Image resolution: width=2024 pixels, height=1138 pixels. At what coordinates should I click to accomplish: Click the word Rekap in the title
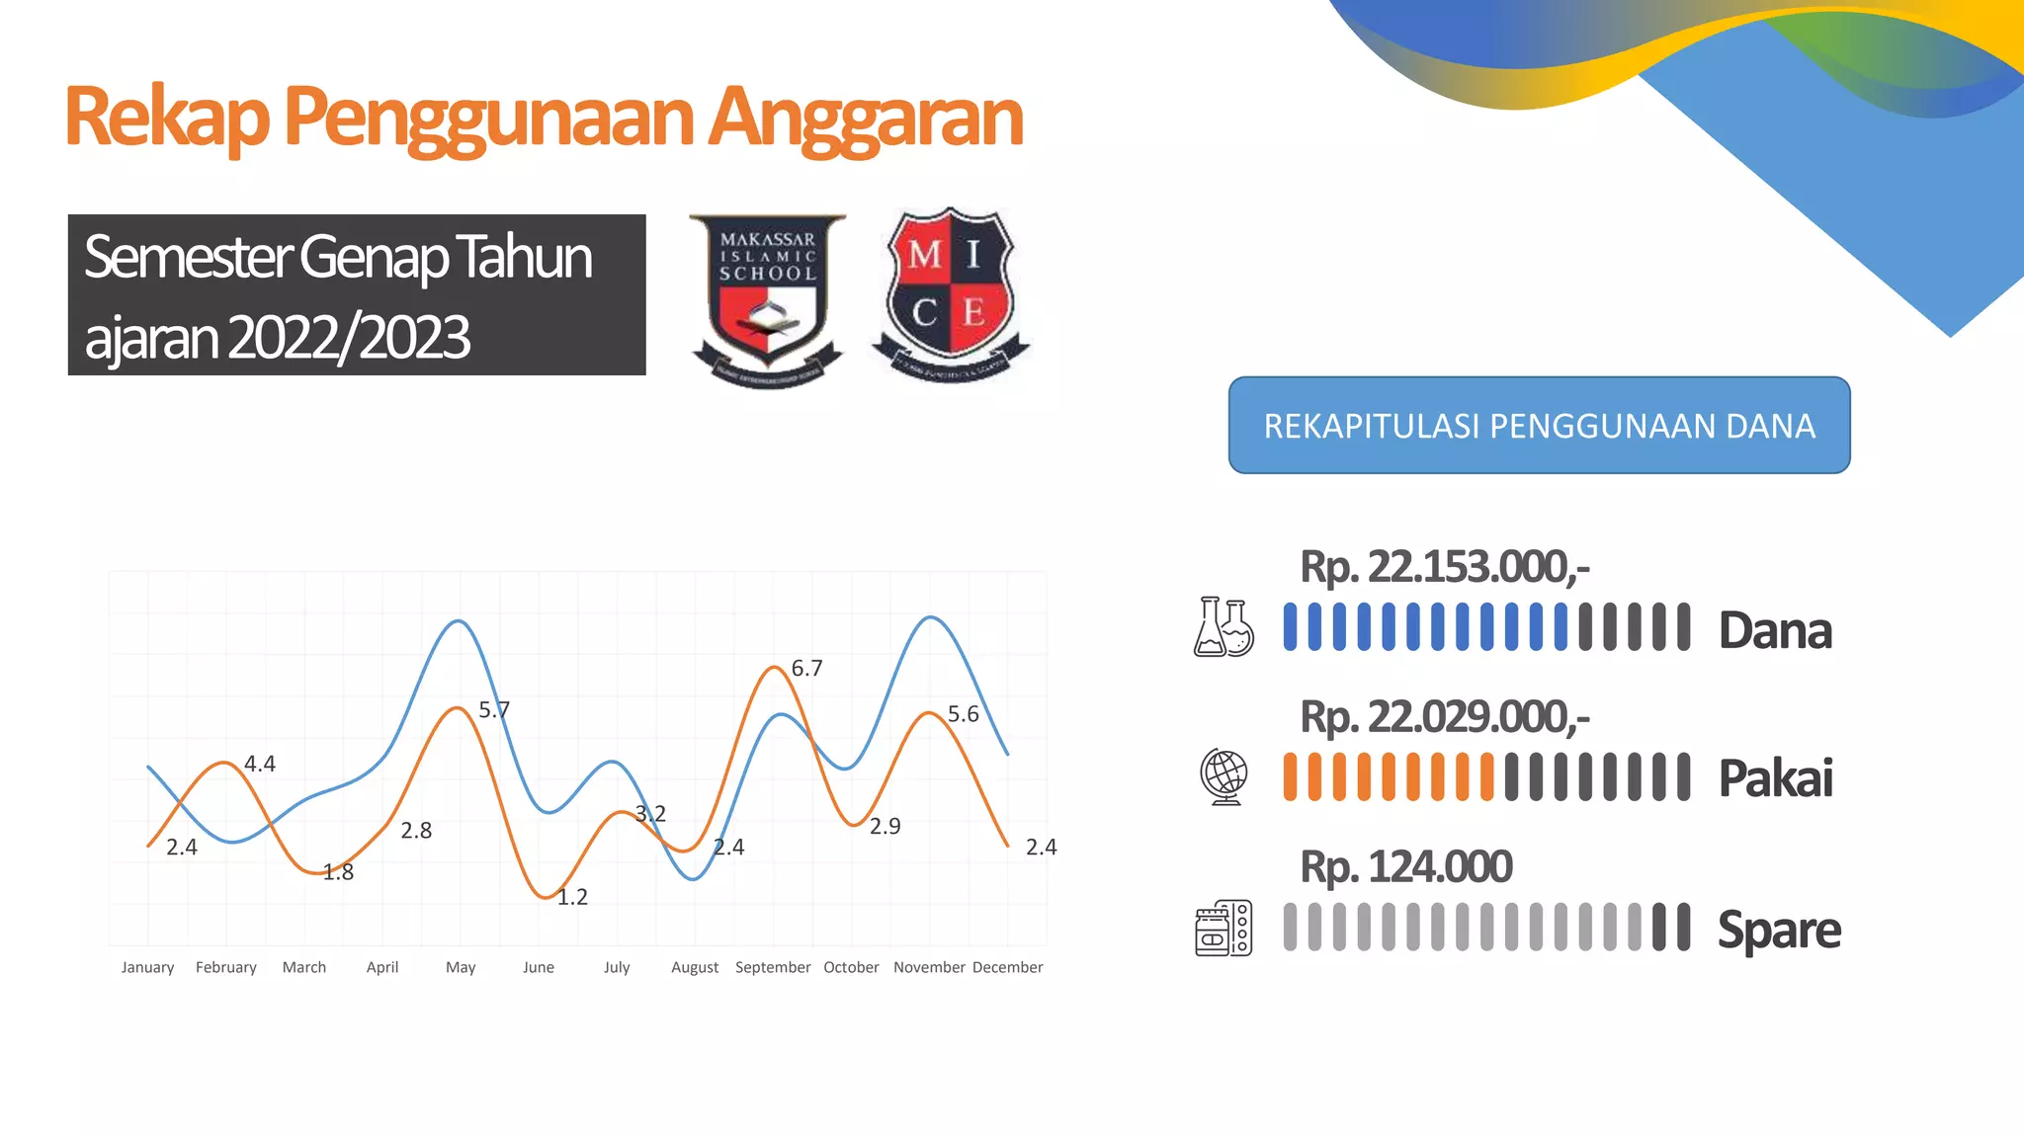click(x=166, y=117)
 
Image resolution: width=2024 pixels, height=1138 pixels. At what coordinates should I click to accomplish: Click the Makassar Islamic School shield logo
click(x=767, y=296)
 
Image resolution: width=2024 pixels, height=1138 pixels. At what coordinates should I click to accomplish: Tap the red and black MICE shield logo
click(x=950, y=293)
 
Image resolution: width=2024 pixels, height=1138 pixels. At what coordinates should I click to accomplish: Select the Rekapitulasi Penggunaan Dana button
click(x=1539, y=425)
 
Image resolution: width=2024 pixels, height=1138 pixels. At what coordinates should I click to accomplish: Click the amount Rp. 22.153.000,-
click(x=1444, y=567)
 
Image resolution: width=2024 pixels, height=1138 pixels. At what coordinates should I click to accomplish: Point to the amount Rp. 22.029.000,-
click(x=1444, y=717)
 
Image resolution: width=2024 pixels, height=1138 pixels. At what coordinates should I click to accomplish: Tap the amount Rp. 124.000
click(x=1405, y=867)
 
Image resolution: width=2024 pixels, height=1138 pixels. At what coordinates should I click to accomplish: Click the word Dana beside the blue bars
click(x=1775, y=630)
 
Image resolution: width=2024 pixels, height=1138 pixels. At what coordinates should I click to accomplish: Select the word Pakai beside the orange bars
click(x=1775, y=777)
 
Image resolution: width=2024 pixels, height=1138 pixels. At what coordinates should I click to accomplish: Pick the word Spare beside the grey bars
click(x=1779, y=930)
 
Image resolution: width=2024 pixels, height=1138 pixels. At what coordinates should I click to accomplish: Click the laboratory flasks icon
click(x=1223, y=627)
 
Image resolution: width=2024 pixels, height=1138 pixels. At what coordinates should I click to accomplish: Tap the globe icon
click(x=1223, y=776)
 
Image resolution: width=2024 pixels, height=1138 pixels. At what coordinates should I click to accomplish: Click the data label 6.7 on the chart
click(x=806, y=669)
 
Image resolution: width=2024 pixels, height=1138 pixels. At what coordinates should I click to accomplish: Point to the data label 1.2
click(x=572, y=897)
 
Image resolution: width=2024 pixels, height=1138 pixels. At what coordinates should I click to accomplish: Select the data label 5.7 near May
click(x=494, y=710)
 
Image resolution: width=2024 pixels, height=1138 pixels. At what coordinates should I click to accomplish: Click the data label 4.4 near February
click(x=260, y=764)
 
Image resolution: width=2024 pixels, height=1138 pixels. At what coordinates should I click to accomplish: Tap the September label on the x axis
click(x=773, y=967)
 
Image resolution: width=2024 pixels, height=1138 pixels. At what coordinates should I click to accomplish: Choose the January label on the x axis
click(x=147, y=967)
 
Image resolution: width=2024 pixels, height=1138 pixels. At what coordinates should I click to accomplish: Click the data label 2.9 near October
click(x=885, y=826)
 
